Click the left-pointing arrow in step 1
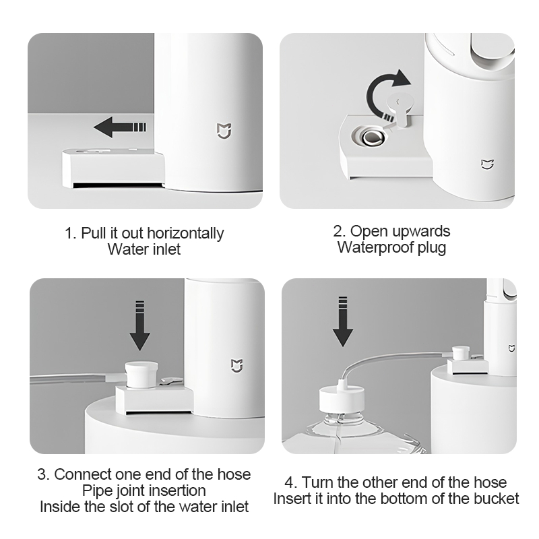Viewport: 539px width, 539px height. click(x=120, y=127)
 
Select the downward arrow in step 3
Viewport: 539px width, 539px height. click(x=139, y=325)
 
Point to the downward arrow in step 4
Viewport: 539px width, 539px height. click(x=343, y=321)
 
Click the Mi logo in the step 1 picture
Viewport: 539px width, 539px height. click(x=224, y=131)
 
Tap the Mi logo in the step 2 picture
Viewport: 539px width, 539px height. click(x=487, y=164)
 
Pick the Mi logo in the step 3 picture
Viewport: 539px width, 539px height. click(x=237, y=365)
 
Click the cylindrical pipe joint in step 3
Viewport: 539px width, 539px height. click(x=141, y=375)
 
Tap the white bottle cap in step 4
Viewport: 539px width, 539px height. click(x=342, y=399)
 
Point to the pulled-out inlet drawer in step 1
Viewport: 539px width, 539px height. click(x=113, y=168)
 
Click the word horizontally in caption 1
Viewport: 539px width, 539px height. click(x=185, y=233)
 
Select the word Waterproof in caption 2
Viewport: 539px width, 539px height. click(x=375, y=247)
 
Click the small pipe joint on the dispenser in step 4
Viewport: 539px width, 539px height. click(x=461, y=354)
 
